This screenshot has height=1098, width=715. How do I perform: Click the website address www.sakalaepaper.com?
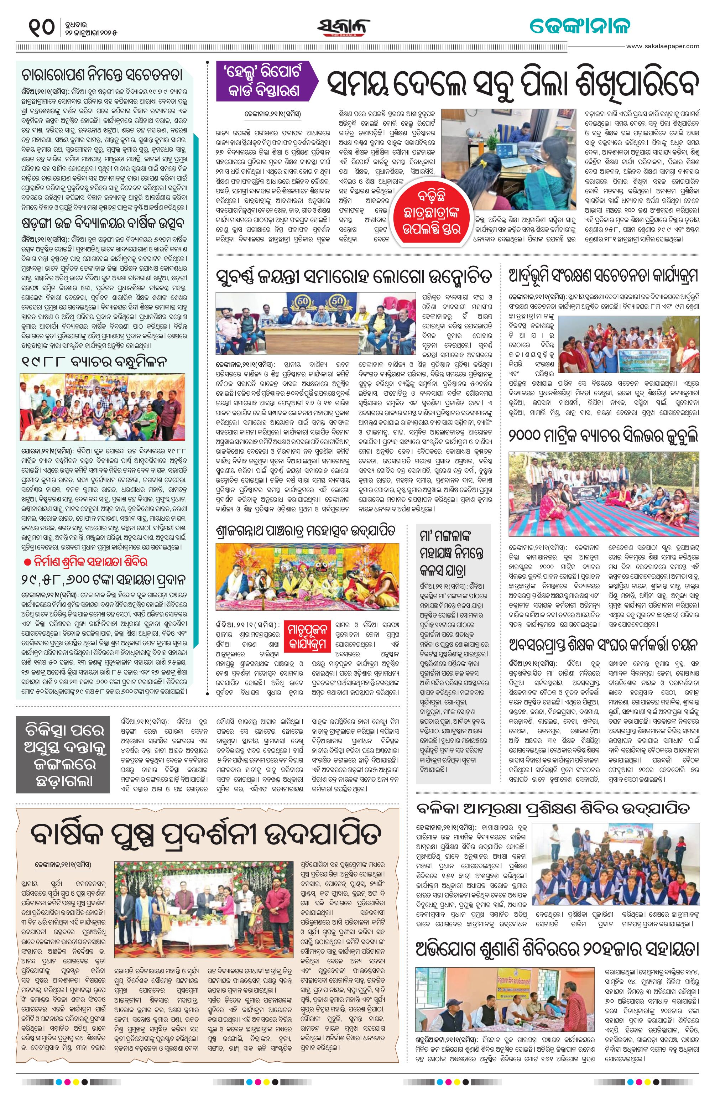(663, 46)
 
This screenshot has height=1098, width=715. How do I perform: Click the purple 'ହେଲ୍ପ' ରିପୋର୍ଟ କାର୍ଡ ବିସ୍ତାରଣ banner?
(265, 82)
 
